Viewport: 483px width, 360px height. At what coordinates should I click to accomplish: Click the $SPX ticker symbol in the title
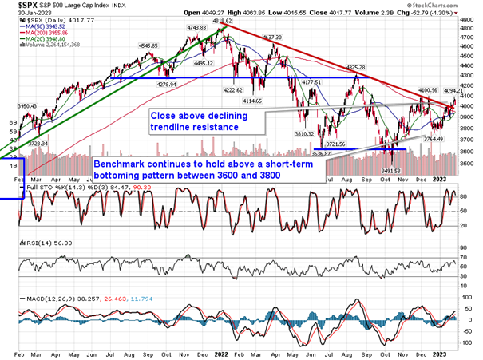14,6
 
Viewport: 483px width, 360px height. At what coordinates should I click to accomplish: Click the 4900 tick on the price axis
471,16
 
